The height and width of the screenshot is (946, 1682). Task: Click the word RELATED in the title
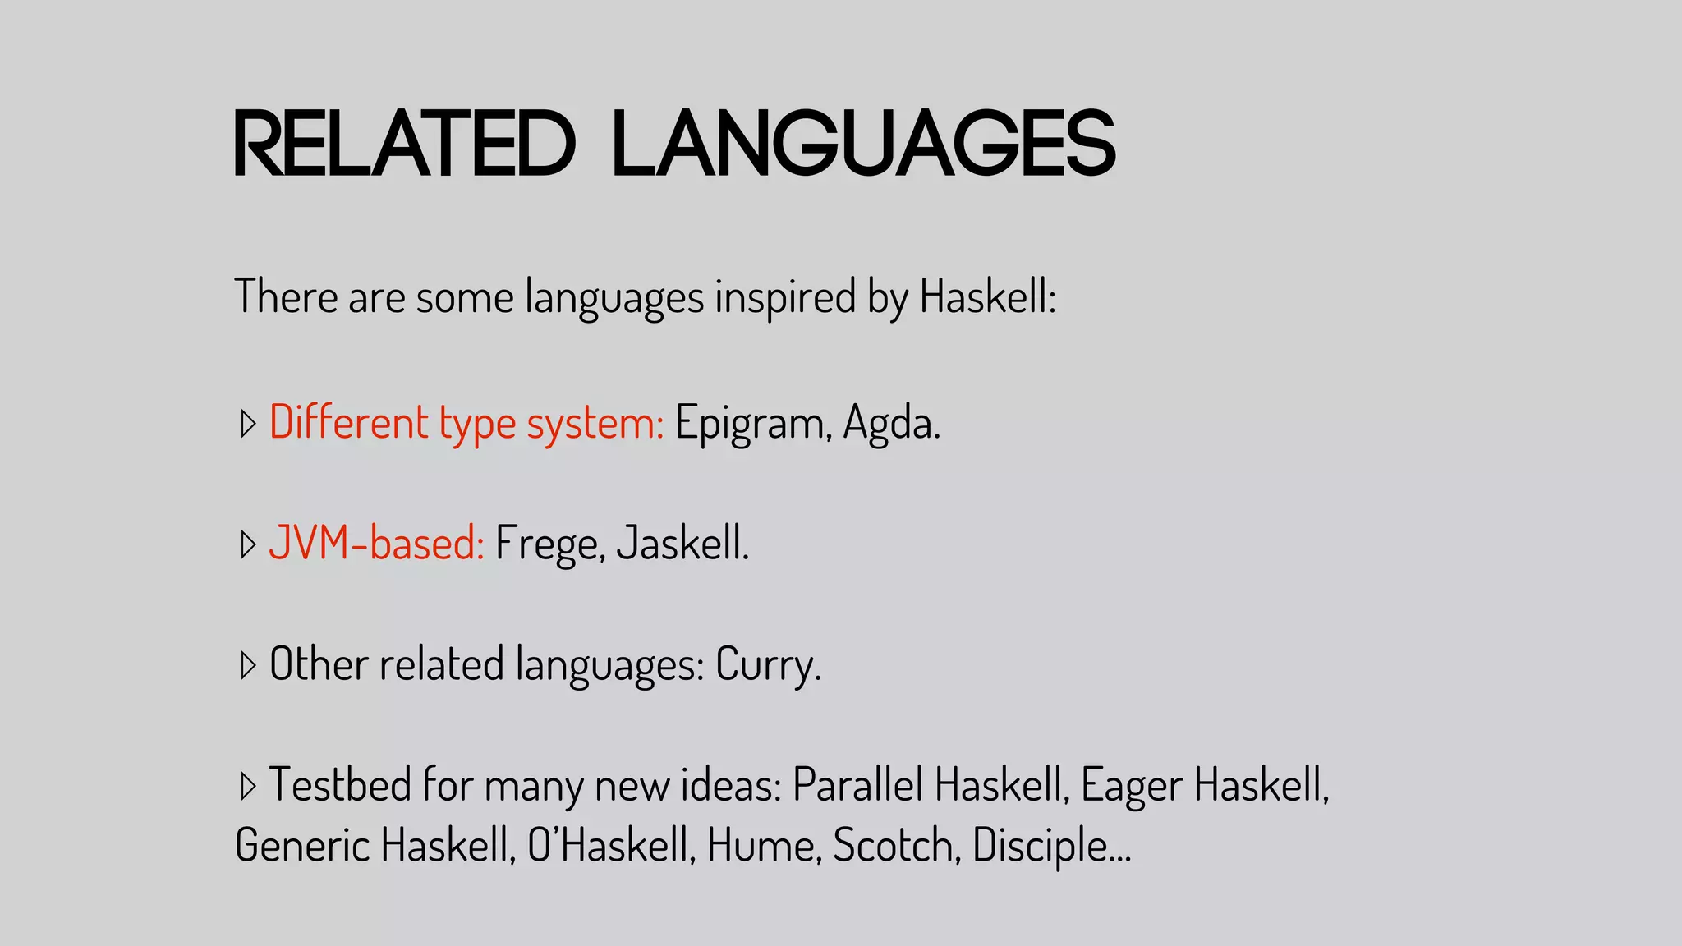tap(404, 144)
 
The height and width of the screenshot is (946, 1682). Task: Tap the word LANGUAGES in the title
tap(864, 144)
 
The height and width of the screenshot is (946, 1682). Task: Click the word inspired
tap(785, 297)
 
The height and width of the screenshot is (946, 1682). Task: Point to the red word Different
tap(349, 422)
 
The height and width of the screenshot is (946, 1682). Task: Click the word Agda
tap(890, 424)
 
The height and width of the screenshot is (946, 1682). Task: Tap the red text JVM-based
tap(377, 543)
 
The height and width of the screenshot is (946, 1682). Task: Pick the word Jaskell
tap(682, 543)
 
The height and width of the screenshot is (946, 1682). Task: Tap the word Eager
tap(1132, 785)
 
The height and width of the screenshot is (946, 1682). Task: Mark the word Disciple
tap(1040, 846)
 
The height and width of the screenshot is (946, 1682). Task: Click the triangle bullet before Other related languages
tap(247, 664)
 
